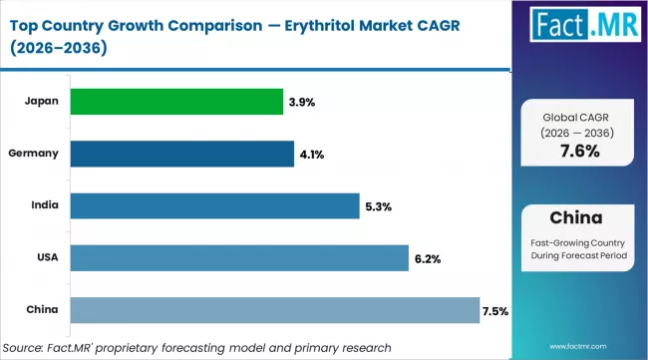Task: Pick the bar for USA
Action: tap(239, 257)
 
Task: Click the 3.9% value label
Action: tap(303, 103)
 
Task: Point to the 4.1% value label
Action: tap(310, 155)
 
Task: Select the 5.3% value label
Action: tap(377, 206)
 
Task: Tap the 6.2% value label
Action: tap(427, 258)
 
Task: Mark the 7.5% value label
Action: tap(495, 310)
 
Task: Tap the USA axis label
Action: tap(47, 256)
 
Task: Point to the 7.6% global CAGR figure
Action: tap(580, 151)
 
